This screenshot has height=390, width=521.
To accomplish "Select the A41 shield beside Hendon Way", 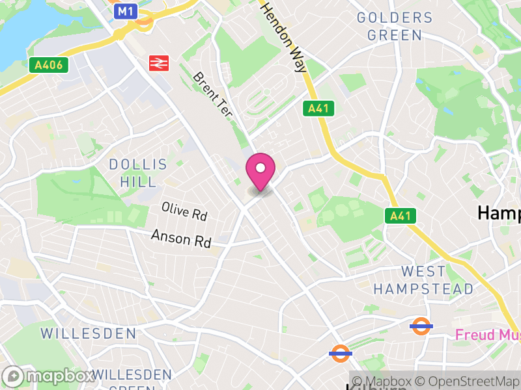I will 318,109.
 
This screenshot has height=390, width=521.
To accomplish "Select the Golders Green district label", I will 395,26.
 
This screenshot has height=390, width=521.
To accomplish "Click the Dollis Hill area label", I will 138,173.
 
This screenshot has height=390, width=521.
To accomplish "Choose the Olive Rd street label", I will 184,211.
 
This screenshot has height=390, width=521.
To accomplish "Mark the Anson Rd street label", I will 181,239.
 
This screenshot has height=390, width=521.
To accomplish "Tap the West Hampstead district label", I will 423,279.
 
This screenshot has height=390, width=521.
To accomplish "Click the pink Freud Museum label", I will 487,335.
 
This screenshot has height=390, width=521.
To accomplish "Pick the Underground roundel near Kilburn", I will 340,354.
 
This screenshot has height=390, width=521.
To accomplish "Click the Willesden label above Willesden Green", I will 89,333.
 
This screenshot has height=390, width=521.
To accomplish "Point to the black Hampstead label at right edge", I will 500,213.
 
